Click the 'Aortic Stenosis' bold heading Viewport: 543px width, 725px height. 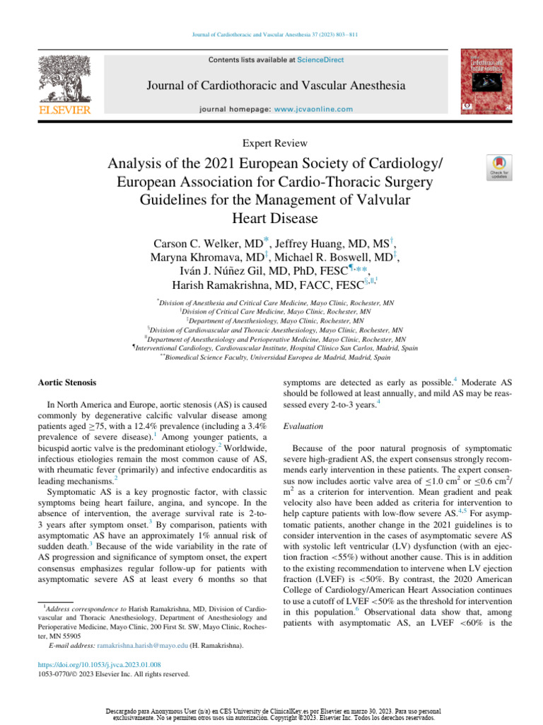tap(66, 383)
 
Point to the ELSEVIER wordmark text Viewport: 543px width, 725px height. tap(64, 110)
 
